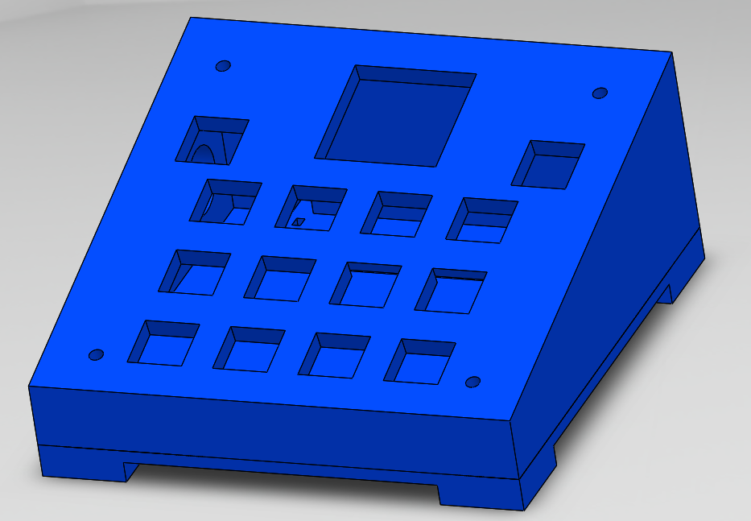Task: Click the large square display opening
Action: pyautogui.click(x=394, y=117)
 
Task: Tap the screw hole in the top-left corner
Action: pyautogui.click(x=224, y=65)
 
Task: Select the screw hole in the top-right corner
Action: pyautogui.click(x=600, y=93)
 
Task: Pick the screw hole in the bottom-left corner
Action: pyautogui.click(x=96, y=354)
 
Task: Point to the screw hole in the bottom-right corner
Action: pyautogui.click(x=473, y=382)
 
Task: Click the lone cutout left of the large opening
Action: pyautogui.click(x=212, y=140)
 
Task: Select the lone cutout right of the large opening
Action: pyautogui.click(x=548, y=165)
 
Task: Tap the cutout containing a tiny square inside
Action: pyautogui.click(x=310, y=209)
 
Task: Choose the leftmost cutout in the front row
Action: pyautogui.click(x=163, y=344)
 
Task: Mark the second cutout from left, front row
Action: pyautogui.click(x=248, y=349)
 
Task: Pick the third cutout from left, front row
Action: pyautogui.click(x=333, y=355)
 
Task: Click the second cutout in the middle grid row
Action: pyautogui.click(x=279, y=279)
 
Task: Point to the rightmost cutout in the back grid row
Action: pyautogui.click(x=482, y=221)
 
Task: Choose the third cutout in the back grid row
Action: pyautogui.click(x=396, y=214)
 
